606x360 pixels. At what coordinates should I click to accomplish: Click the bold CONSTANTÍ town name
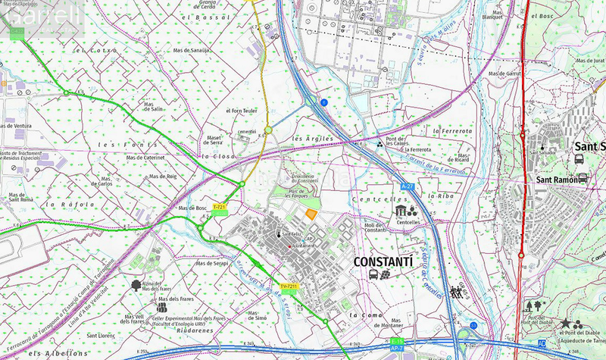[383, 261]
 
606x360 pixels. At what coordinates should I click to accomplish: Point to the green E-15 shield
[396, 343]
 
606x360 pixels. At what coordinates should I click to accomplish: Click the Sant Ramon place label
[557, 180]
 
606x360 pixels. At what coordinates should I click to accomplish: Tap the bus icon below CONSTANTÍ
[374, 274]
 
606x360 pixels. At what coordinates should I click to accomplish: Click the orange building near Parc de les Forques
[310, 215]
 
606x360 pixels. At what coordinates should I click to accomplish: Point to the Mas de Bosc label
[192, 208]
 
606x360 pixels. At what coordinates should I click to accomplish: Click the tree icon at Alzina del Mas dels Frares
[136, 285]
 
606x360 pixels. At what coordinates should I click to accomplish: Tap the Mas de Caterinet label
[145, 158]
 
